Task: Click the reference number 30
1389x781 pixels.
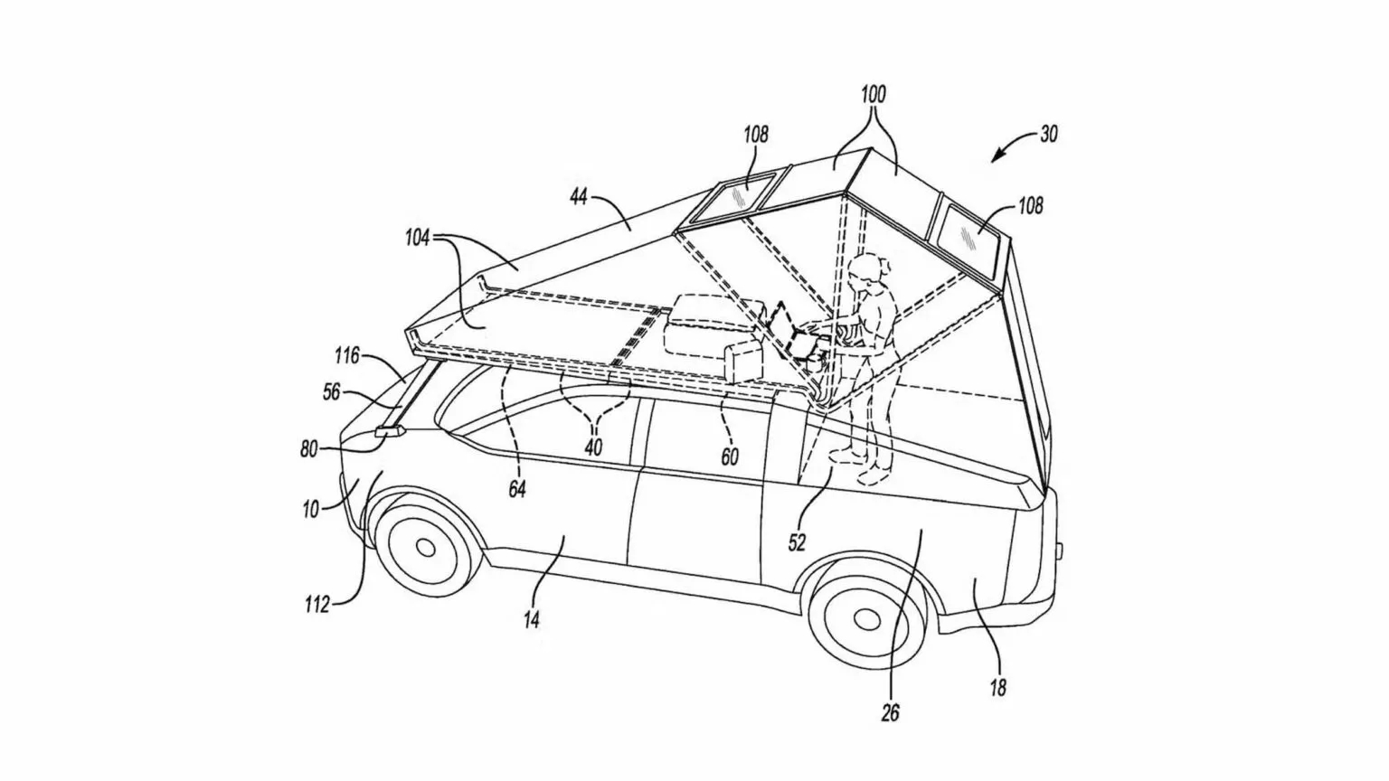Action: point(1048,134)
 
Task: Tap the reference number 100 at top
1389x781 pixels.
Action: point(874,94)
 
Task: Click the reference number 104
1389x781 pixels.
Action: point(418,238)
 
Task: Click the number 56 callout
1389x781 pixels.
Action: point(332,392)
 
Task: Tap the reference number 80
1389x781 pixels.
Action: point(309,447)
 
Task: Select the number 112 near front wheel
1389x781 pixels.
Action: point(317,605)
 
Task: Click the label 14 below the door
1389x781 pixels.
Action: point(532,619)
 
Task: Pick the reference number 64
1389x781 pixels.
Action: point(517,488)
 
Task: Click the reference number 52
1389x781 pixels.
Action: point(797,541)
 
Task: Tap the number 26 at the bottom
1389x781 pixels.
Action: point(890,712)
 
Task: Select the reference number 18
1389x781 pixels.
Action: point(997,688)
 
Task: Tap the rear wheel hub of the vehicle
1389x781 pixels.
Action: point(866,618)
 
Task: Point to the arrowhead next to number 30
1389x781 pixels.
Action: point(995,159)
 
